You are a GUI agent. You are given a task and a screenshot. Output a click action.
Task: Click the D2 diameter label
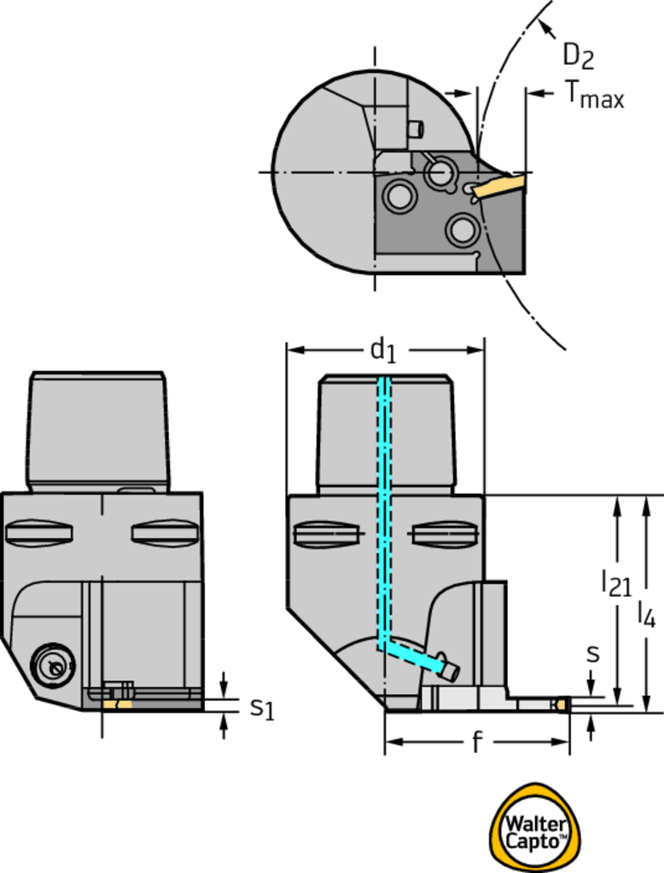coord(578,56)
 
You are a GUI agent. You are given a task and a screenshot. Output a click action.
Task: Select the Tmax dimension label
coord(594,94)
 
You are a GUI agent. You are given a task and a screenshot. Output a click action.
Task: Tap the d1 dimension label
coord(383,350)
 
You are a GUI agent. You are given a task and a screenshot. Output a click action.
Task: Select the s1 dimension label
coord(262,708)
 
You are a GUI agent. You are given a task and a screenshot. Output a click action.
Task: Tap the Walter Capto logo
coord(534,828)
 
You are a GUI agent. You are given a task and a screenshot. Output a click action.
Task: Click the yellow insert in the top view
coord(500,185)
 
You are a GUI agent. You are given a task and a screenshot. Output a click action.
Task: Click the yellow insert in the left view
coord(118,705)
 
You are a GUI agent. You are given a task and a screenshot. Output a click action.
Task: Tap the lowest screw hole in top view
coord(463,229)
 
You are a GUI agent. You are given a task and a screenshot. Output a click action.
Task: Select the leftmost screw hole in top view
coord(399,195)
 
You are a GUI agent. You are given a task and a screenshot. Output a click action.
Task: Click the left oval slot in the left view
coord(38,533)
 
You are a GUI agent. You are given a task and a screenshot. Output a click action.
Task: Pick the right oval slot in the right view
coord(445,535)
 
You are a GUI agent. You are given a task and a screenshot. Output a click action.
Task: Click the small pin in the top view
coord(416,130)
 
